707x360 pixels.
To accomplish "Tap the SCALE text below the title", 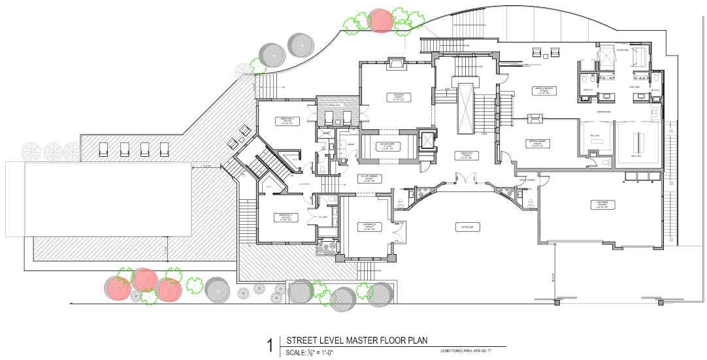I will pos(297,353).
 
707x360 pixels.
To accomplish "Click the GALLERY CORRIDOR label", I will pos(370,178).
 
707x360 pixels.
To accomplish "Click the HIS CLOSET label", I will pos(595,137).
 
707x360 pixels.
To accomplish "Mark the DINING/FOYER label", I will pos(467,155).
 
